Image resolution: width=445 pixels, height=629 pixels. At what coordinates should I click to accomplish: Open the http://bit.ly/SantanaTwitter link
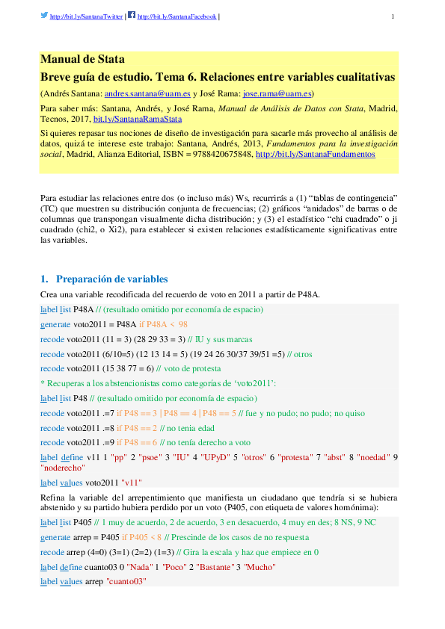click(86, 16)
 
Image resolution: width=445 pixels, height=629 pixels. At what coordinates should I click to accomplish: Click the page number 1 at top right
click(393, 16)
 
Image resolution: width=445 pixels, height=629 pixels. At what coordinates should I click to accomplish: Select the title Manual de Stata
click(82, 60)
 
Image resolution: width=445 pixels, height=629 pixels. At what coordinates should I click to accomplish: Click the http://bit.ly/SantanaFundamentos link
click(315, 154)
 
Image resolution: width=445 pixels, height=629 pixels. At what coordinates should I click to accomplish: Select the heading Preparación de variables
click(112, 279)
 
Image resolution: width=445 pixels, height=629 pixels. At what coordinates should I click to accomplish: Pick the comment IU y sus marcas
click(254, 338)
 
